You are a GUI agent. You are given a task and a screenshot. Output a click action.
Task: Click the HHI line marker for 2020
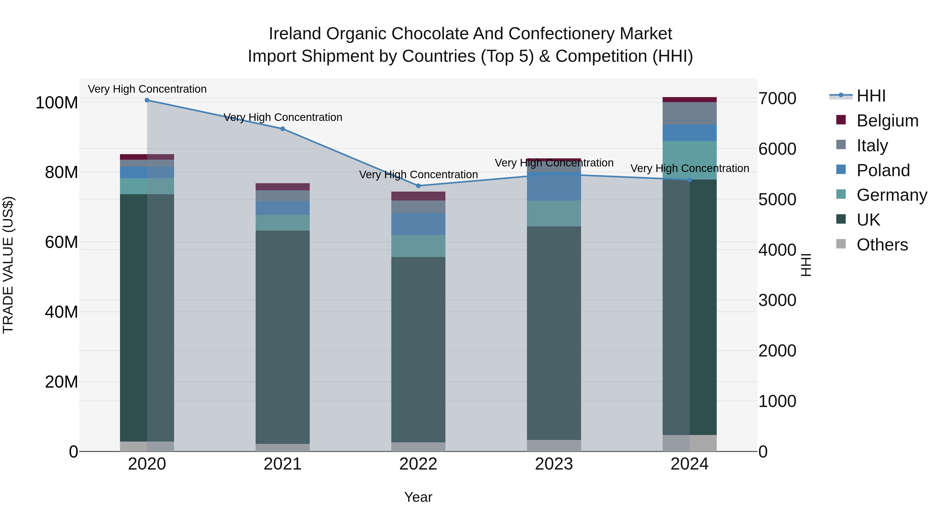point(147,100)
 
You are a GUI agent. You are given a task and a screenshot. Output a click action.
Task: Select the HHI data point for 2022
point(418,186)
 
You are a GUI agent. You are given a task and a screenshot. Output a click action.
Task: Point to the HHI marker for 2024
point(690,180)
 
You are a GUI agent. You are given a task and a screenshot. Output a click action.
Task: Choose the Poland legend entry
point(883,170)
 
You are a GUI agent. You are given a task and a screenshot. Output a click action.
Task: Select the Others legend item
point(882,245)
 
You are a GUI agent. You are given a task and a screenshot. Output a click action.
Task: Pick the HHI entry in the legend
point(871,96)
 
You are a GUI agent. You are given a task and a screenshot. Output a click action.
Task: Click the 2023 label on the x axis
point(554,464)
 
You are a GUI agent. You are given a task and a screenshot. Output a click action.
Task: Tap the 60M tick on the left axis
point(61,242)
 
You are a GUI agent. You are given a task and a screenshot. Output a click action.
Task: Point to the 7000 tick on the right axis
point(777,99)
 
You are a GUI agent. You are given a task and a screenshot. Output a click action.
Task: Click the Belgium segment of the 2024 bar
point(690,99)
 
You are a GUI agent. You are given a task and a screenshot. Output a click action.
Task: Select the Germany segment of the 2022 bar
point(418,246)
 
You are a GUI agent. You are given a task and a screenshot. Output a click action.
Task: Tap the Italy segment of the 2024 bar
point(690,113)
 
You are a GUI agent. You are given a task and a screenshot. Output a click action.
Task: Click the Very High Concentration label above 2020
point(147,89)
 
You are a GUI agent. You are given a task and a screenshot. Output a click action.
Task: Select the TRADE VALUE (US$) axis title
point(8,265)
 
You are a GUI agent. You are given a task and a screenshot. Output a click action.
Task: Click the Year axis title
point(418,497)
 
